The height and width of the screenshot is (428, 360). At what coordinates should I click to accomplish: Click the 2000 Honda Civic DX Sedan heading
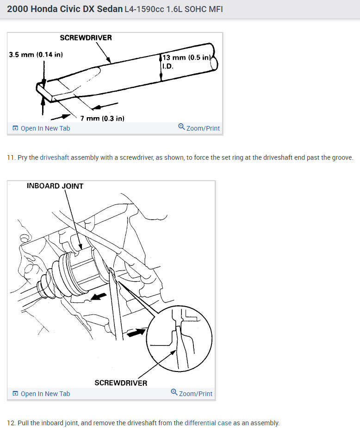click(x=65, y=9)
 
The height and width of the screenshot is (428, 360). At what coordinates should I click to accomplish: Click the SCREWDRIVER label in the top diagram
click(x=86, y=38)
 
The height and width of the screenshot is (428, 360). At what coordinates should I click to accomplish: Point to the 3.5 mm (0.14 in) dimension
click(x=36, y=54)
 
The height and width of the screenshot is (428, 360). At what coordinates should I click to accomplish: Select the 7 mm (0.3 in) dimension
click(x=102, y=119)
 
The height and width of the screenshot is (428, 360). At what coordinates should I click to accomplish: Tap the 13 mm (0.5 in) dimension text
click(x=186, y=57)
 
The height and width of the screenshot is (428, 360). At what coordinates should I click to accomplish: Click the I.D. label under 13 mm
click(x=168, y=66)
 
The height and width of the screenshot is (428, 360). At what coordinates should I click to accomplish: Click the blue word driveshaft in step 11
click(x=55, y=157)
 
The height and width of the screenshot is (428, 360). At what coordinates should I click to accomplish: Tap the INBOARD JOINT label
click(x=55, y=186)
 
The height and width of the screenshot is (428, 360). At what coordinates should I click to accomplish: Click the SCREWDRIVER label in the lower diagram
click(x=121, y=383)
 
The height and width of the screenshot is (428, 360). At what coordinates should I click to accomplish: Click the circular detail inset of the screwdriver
click(x=180, y=338)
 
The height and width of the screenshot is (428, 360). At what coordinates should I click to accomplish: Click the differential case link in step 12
click(x=208, y=422)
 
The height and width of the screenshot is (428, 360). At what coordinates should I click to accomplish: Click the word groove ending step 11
click(x=342, y=157)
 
